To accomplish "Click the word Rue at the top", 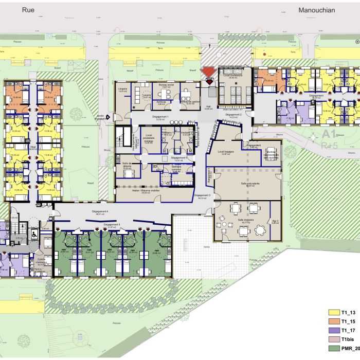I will (28, 9).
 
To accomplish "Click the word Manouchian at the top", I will (316, 9).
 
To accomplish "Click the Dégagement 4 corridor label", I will (107, 212).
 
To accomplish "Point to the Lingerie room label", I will (122, 89).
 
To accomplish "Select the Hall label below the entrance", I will (209, 107).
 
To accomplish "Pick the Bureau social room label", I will (166, 84).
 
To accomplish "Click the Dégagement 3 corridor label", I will (203, 195).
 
